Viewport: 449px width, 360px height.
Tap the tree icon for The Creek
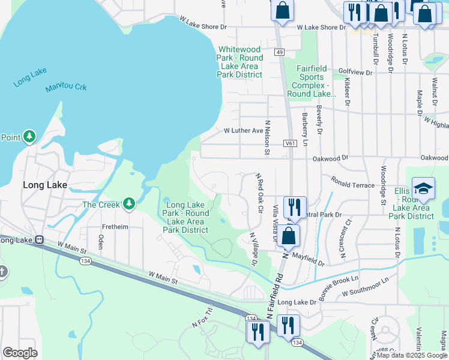(128, 204)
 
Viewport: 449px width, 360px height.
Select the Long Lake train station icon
(40, 240)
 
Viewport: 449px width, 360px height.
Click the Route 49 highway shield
(280, 53)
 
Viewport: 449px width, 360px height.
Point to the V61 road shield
(291, 144)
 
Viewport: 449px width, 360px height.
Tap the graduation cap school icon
(423, 189)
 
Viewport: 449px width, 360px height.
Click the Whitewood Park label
(240, 62)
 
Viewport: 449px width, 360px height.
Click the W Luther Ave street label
(244, 130)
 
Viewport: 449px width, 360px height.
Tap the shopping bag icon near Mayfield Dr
(289, 236)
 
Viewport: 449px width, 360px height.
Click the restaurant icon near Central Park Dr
(294, 207)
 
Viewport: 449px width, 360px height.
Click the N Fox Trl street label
(202, 321)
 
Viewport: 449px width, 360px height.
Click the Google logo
(20, 352)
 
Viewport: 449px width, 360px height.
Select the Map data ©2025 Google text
(412, 355)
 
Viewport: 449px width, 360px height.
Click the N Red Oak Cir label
(261, 194)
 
